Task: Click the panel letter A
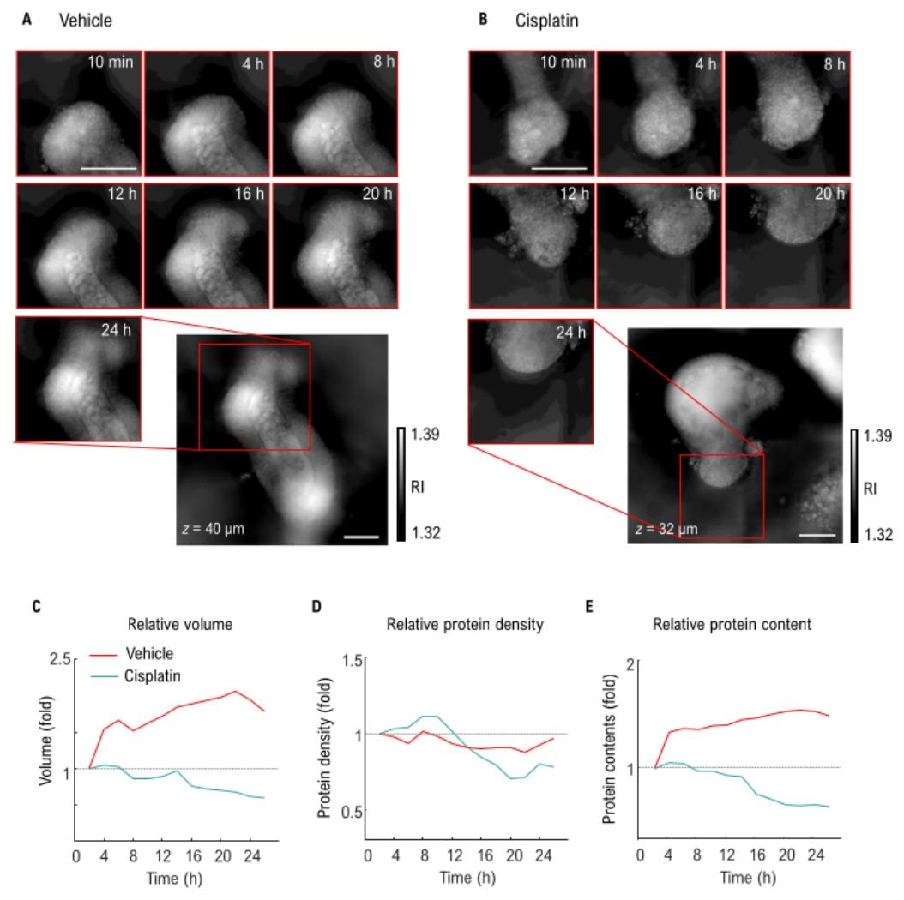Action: (x=27, y=17)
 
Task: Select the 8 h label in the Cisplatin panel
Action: (x=830, y=65)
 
